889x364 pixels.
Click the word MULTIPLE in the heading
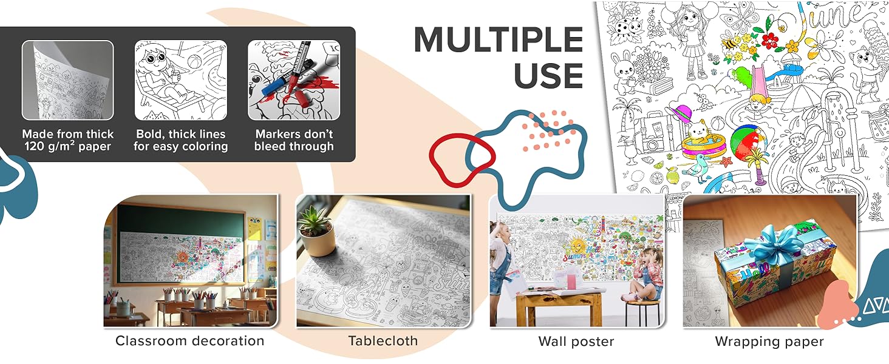coord(498,39)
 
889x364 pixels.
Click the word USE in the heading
coord(548,75)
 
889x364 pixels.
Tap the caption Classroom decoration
coord(189,341)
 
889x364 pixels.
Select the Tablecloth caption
coord(383,341)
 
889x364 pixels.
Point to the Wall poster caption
coord(576,342)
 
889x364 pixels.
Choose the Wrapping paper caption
coord(769,342)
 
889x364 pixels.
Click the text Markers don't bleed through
coord(294,140)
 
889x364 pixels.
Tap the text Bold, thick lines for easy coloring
coord(180,140)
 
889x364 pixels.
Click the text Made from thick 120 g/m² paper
coord(67,140)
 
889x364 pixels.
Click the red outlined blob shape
coord(462,160)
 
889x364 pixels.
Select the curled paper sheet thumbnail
coord(67,80)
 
